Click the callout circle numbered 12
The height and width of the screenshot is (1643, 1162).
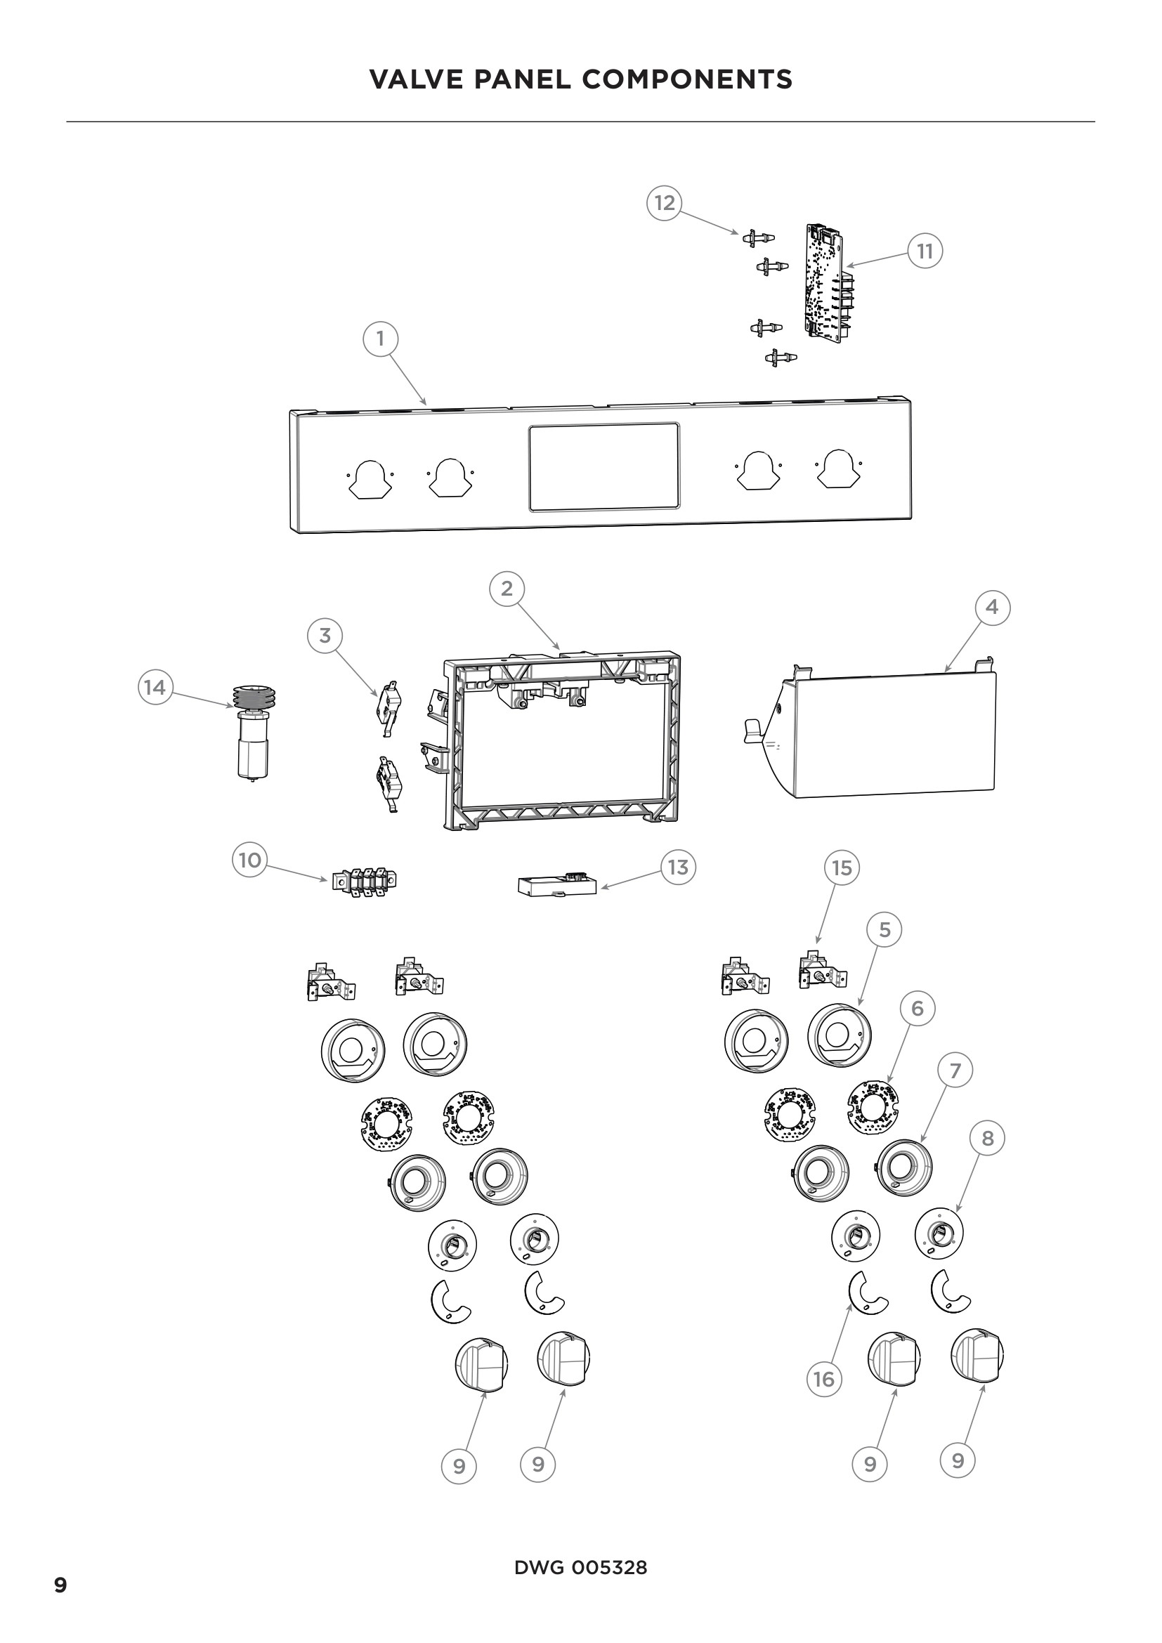(665, 203)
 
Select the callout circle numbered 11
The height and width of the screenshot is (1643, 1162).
(925, 251)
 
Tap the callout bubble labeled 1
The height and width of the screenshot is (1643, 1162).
(380, 339)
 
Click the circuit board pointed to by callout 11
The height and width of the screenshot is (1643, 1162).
(828, 280)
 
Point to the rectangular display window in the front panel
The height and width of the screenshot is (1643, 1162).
(604, 466)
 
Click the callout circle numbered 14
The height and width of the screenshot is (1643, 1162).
(155, 688)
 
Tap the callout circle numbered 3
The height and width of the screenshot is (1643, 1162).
(325, 636)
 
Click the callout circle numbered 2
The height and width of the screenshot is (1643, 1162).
(507, 589)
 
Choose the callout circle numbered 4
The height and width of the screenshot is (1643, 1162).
(992, 608)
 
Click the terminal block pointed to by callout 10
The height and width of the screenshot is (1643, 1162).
(364, 882)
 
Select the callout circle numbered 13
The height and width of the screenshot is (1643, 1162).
(677, 868)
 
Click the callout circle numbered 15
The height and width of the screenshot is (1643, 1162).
(842, 868)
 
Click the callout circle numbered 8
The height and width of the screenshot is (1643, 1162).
(987, 1139)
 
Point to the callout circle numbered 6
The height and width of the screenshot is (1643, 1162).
(918, 1009)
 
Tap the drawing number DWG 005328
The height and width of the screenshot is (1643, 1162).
(580, 1568)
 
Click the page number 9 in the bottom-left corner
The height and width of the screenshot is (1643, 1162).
(61, 1586)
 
